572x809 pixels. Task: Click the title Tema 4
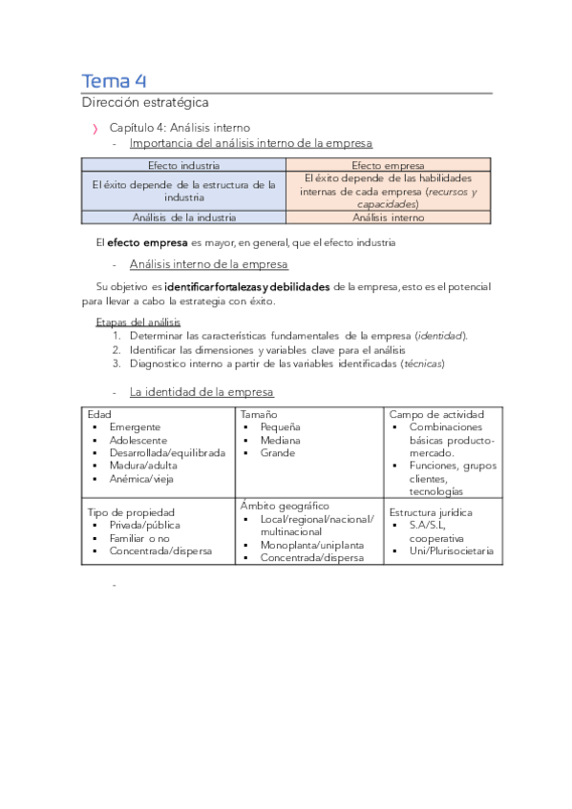tap(113, 80)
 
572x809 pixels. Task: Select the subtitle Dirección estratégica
tap(144, 102)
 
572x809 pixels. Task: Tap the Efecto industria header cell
tap(183, 165)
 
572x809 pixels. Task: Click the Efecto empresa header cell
tap(388, 165)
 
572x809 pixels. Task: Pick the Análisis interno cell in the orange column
tap(388, 218)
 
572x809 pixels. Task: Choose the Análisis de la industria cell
tap(183, 218)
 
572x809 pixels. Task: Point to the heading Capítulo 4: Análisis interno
tap(180, 127)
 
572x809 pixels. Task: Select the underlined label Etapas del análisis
tap(132, 322)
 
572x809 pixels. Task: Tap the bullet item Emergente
tap(135, 427)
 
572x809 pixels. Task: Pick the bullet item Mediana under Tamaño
tap(280, 441)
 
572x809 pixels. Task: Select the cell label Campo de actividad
tap(436, 414)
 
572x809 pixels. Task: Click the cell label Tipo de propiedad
tap(133, 512)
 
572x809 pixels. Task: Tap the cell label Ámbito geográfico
tap(285, 506)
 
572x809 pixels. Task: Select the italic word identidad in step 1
tap(441, 336)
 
